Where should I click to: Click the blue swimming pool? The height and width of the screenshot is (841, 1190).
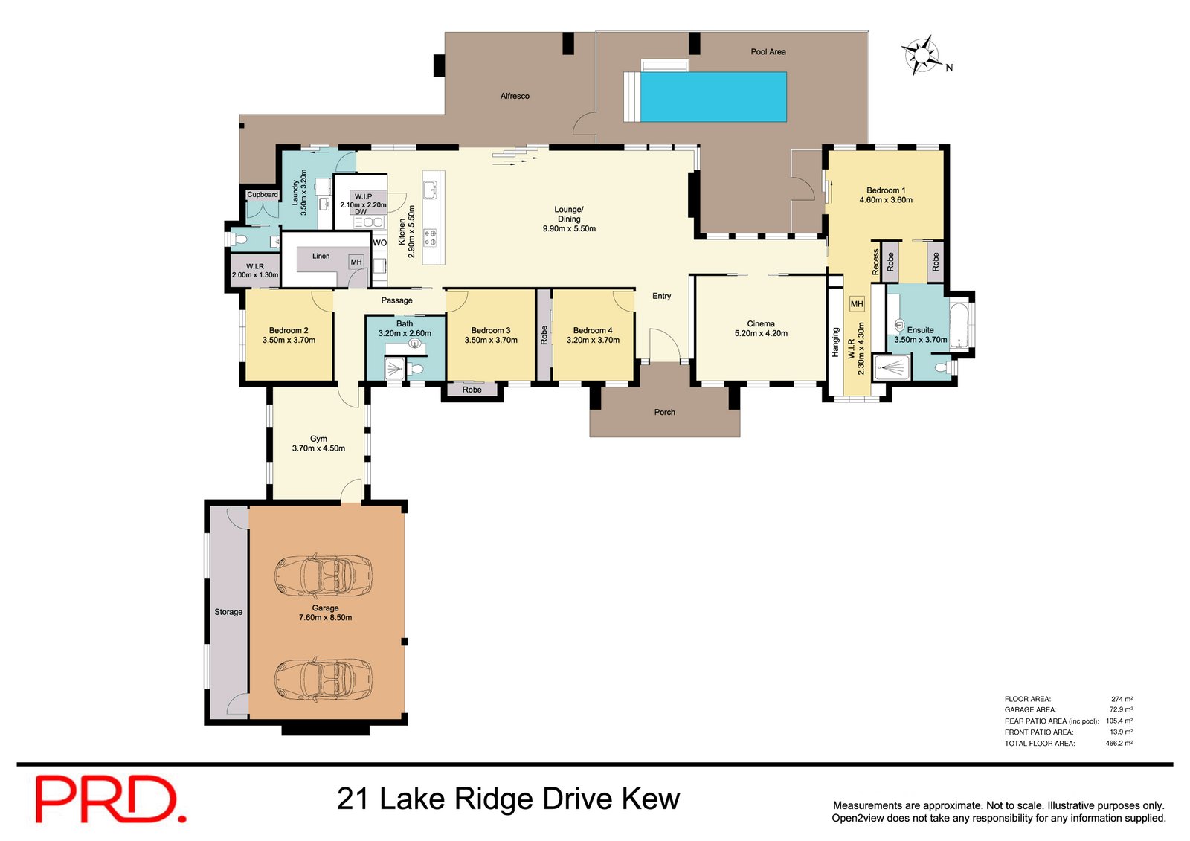(713, 97)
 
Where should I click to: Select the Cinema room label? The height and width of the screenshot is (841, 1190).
(761, 323)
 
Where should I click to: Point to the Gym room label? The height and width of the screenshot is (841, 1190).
(318, 439)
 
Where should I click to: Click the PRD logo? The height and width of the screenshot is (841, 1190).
(110, 799)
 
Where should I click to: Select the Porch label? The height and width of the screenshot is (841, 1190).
(665, 412)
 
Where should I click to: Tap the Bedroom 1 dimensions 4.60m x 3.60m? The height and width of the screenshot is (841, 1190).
(886, 200)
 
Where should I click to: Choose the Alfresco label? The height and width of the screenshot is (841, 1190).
(515, 96)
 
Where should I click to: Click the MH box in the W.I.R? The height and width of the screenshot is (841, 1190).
(857, 304)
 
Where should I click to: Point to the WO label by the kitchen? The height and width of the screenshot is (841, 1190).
(379, 242)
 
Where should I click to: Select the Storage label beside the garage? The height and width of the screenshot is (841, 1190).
(228, 612)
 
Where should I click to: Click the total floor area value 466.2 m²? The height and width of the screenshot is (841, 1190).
(1119, 743)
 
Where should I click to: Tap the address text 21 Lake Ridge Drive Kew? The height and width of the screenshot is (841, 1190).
(508, 799)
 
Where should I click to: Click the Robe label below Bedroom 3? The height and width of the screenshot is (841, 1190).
(472, 390)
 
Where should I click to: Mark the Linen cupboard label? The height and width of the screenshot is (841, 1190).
(321, 256)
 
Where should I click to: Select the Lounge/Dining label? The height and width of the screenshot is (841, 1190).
(569, 214)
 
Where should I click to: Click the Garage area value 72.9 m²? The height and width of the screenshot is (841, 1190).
(1121, 709)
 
